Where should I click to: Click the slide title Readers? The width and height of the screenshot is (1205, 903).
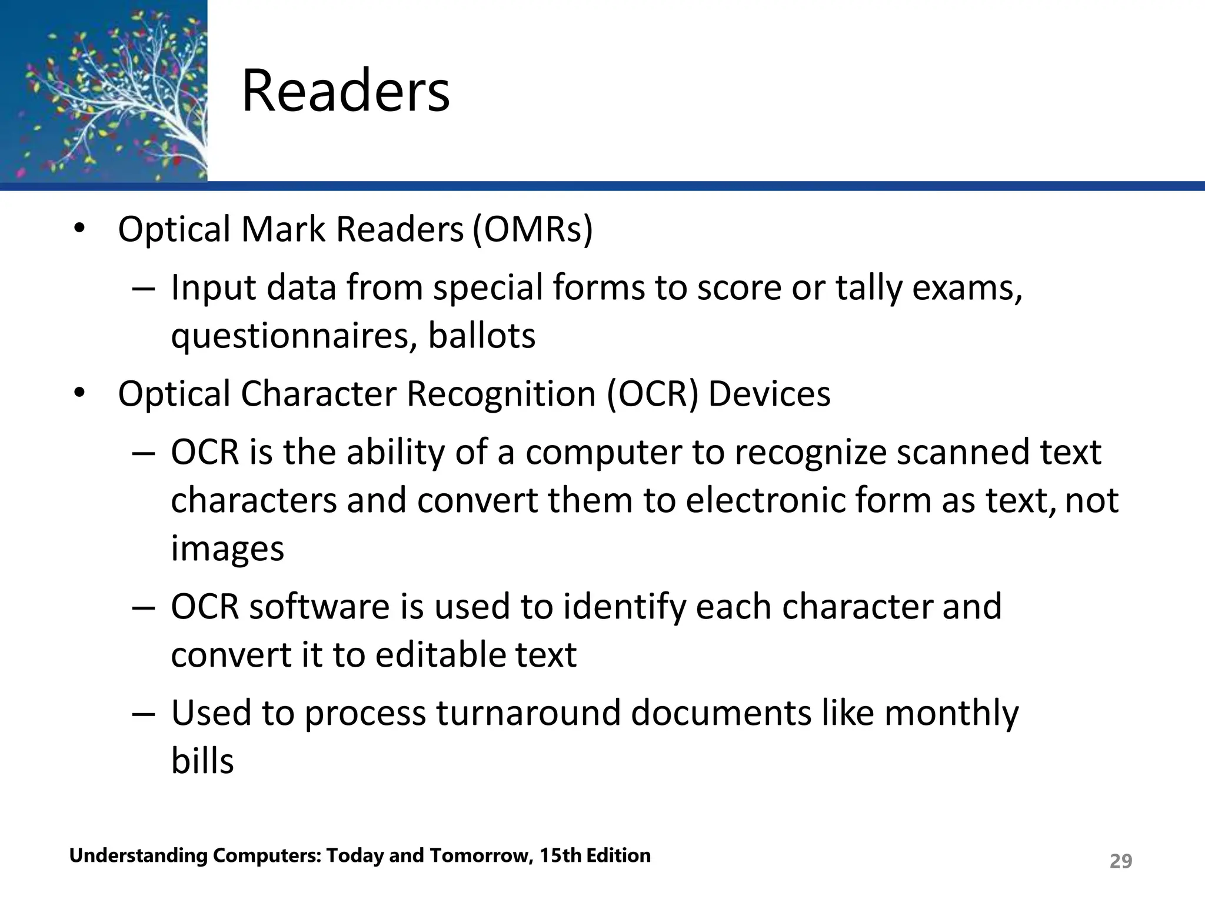(x=345, y=91)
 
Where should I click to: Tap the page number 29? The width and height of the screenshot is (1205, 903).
(x=1120, y=861)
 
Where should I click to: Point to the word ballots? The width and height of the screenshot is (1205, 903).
(x=481, y=336)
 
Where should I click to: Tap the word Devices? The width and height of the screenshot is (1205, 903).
(x=769, y=393)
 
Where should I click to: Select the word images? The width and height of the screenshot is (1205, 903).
(x=227, y=549)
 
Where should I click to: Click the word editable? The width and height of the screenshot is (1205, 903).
(x=440, y=654)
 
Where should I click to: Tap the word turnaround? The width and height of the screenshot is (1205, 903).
(x=521, y=713)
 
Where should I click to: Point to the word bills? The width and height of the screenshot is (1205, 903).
(x=202, y=761)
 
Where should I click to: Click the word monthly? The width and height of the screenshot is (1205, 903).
(x=951, y=713)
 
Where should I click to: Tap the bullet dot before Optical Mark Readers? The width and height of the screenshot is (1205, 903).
(x=79, y=229)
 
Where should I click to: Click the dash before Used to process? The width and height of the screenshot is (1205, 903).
(x=144, y=713)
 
